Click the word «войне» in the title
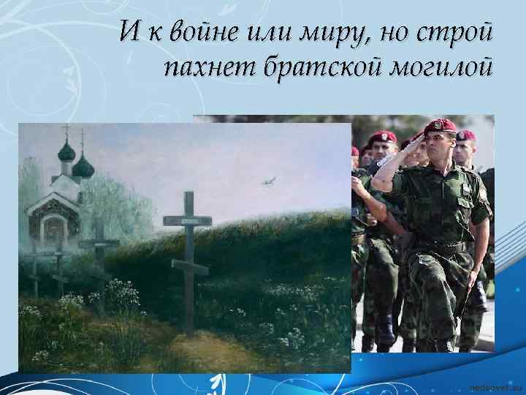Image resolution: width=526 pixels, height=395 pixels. pos(193,34)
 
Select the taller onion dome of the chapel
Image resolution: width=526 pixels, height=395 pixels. pos(67,152)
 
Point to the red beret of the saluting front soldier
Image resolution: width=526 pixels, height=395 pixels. pos(441,126)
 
